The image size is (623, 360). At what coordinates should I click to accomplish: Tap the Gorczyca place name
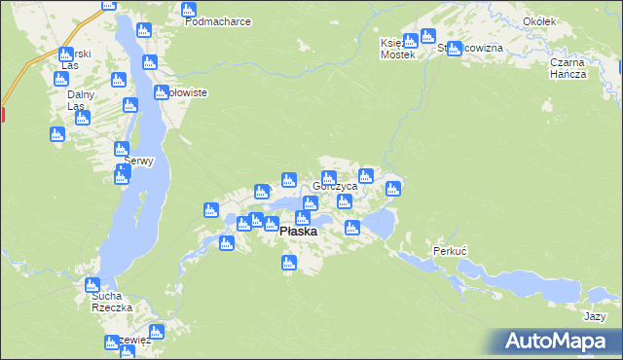coord(335,186)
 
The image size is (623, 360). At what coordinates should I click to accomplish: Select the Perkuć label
coord(451,251)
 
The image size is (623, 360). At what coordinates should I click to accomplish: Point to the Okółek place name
coord(566,20)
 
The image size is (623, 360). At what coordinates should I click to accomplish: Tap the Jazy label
coord(596,316)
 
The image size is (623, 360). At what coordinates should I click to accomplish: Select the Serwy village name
coord(126,162)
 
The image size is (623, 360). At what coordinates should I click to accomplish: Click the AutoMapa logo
coord(556,341)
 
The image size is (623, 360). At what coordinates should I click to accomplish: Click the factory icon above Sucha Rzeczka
coord(92,285)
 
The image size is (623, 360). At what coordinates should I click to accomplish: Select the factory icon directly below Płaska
coord(288,262)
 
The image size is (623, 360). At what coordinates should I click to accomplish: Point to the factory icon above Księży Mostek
coord(411,40)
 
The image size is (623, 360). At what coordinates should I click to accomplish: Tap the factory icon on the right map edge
coord(620,68)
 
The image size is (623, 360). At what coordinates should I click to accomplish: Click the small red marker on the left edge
coord(2,115)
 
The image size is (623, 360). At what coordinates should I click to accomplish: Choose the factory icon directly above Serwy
coord(121,149)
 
